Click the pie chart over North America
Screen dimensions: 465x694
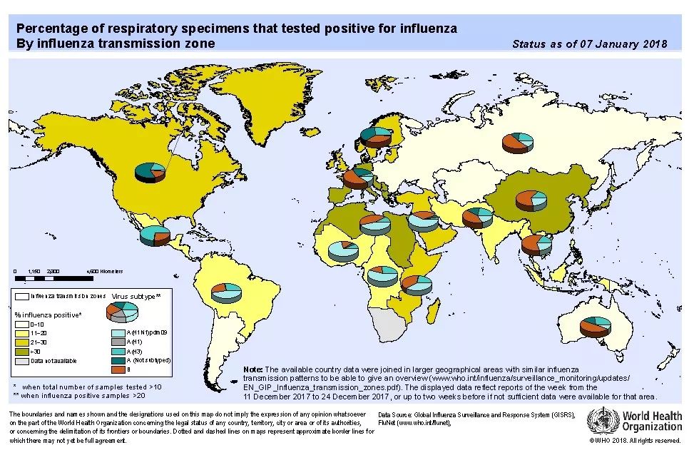tap(150, 171)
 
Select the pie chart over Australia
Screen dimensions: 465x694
tap(595, 326)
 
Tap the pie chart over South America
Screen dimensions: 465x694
tap(228, 290)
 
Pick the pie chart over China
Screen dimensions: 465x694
tap(529, 200)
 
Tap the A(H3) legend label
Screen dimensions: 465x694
tap(136, 351)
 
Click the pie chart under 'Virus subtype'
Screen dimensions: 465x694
tap(122, 311)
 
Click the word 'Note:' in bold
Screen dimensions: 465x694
tap(253, 369)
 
